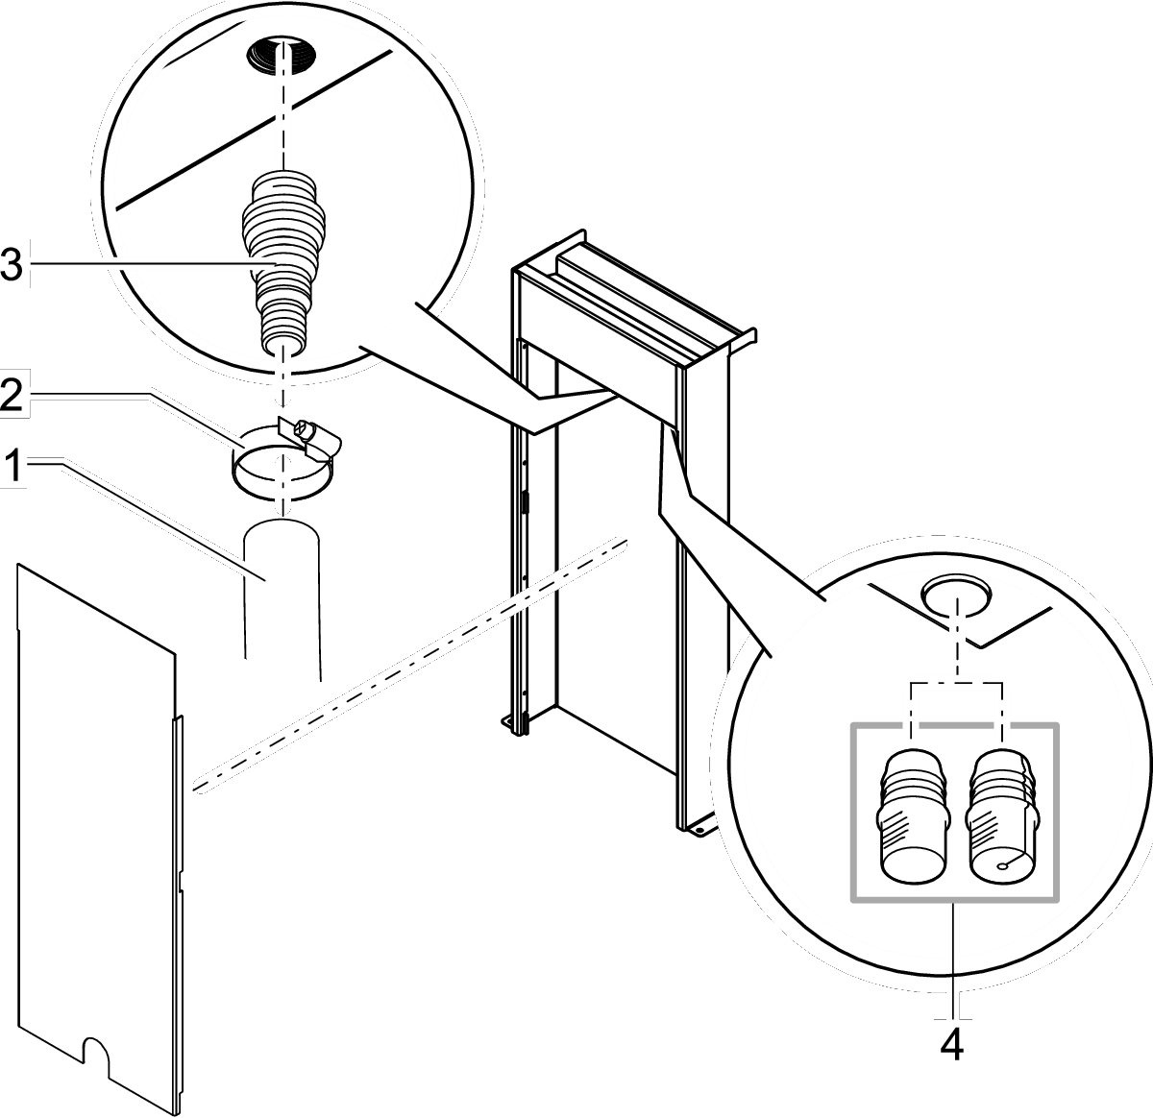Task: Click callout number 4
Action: tap(950, 1045)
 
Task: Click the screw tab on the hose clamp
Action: tap(307, 433)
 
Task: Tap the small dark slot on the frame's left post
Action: tap(525, 501)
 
